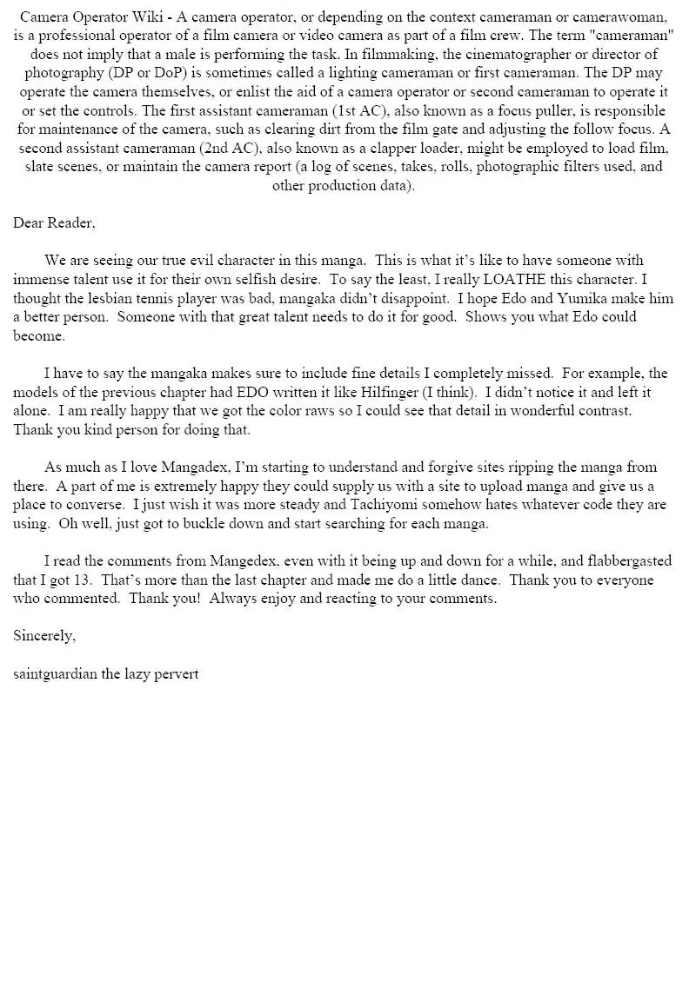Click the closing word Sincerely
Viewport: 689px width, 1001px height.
pyautogui.click(x=44, y=635)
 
